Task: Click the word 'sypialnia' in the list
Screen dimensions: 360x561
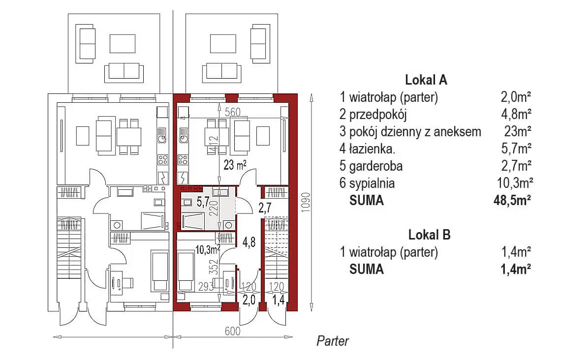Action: click(x=373, y=183)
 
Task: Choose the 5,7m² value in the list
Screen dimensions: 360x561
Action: click(x=516, y=149)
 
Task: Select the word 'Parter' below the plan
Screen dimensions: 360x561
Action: click(x=333, y=341)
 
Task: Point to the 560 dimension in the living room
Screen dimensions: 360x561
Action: click(x=233, y=112)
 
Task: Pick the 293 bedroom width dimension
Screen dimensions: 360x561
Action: click(x=206, y=286)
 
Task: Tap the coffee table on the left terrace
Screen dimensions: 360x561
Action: click(x=122, y=44)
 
